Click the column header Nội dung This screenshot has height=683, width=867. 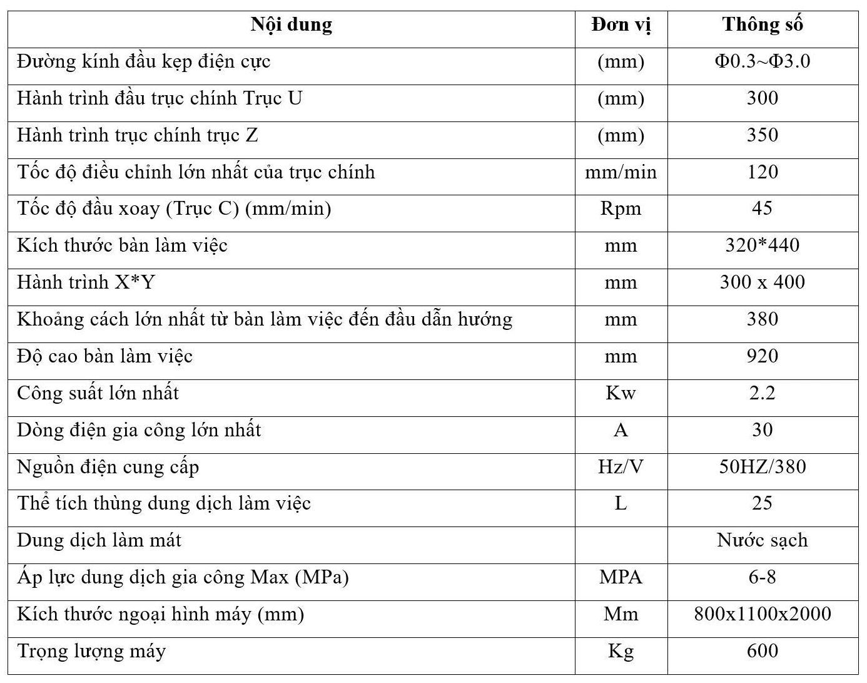(x=291, y=25)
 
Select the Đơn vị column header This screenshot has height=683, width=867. (x=621, y=25)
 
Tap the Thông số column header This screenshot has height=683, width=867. (x=762, y=25)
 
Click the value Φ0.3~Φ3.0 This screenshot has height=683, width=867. (x=762, y=61)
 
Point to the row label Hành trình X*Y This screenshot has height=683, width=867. (x=86, y=282)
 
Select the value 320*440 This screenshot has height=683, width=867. (x=762, y=245)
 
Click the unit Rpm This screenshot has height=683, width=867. (x=621, y=208)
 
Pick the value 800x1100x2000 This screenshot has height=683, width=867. (x=762, y=614)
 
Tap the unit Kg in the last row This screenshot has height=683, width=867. (x=621, y=651)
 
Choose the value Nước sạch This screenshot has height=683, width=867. (x=762, y=540)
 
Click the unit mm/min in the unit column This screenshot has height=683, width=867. (x=621, y=172)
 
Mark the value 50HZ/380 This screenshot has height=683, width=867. (x=762, y=467)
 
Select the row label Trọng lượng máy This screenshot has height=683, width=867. (x=91, y=651)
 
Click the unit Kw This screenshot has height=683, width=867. (x=621, y=393)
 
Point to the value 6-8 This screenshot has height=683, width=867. (x=762, y=577)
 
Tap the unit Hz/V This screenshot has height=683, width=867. (x=621, y=467)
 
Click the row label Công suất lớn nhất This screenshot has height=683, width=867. (x=98, y=393)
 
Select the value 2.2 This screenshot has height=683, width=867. (x=762, y=393)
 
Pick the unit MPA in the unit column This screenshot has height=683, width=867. (x=621, y=577)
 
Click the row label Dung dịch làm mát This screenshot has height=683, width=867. (x=99, y=540)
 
